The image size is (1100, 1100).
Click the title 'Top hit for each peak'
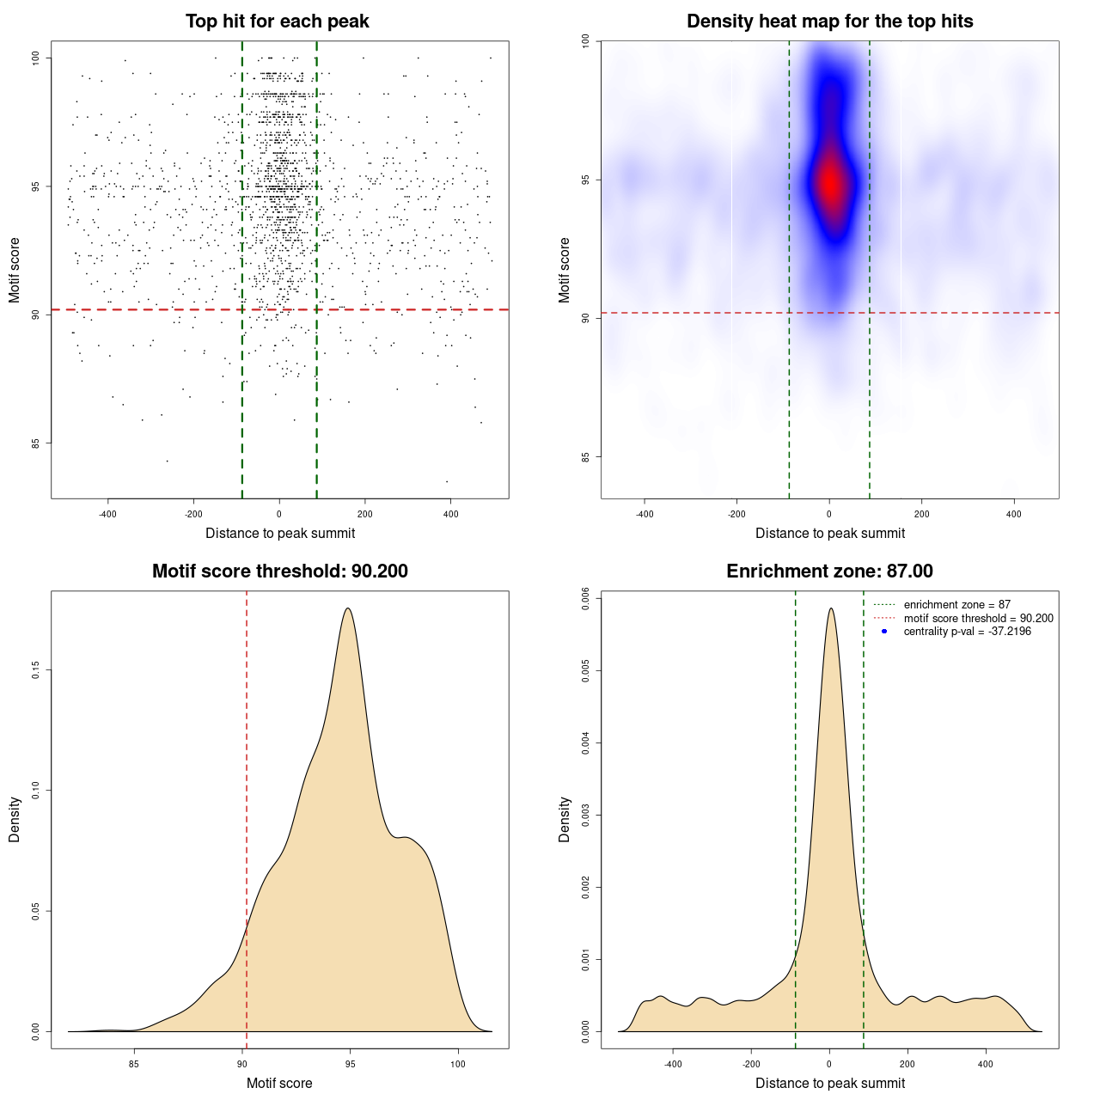coord(277,21)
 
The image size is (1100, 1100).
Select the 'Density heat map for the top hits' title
coord(829,21)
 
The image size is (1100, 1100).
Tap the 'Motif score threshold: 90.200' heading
coord(279,571)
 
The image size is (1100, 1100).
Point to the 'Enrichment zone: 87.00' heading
coord(829,571)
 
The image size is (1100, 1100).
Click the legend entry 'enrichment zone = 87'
coord(956,605)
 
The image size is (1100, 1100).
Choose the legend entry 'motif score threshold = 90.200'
coord(978,618)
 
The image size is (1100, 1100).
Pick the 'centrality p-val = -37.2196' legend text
coord(967,632)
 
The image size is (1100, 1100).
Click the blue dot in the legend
coord(884,632)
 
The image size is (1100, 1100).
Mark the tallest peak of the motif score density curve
coord(347,608)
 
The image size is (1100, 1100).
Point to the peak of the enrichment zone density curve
coord(830,608)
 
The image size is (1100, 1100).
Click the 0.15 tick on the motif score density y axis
coord(35,669)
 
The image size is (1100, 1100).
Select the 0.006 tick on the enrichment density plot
coord(585,598)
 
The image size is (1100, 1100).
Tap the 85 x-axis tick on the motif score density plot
coord(134,1064)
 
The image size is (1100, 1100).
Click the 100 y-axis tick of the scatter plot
coord(35,58)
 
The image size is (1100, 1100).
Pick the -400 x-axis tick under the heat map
coord(645,514)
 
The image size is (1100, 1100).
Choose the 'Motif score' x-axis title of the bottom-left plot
coord(279,1083)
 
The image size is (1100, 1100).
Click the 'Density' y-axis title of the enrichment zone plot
coord(565,819)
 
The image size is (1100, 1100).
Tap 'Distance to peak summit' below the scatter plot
coord(280,533)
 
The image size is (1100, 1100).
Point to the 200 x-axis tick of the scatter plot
coord(364,514)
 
